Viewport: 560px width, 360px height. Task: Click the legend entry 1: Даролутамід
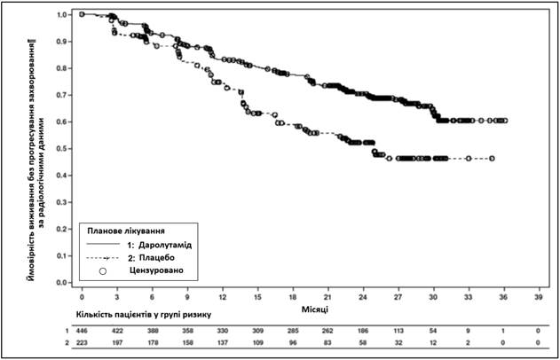coord(159,245)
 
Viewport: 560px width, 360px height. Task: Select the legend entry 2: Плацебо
coord(151,258)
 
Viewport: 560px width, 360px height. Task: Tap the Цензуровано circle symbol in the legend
coord(103,271)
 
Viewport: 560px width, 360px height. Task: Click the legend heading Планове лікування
coord(126,231)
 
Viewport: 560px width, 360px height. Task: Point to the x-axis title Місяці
coord(315,309)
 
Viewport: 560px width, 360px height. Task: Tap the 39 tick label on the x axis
coord(539,297)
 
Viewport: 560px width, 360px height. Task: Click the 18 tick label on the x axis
coord(293,297)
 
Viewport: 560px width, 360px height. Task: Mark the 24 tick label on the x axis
coord(363,297)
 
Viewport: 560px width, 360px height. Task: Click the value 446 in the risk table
coord(82,331)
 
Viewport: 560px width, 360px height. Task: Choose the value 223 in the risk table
coord(82,343)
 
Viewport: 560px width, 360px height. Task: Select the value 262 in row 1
coord(327,331)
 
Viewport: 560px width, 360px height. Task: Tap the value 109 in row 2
coord(257,343)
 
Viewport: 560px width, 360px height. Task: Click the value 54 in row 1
coord(433,331)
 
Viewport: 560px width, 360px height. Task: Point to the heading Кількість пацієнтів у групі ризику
coord(143,315)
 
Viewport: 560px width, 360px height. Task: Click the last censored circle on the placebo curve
coord(493,159)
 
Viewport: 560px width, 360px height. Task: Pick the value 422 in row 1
coord(117,331)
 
